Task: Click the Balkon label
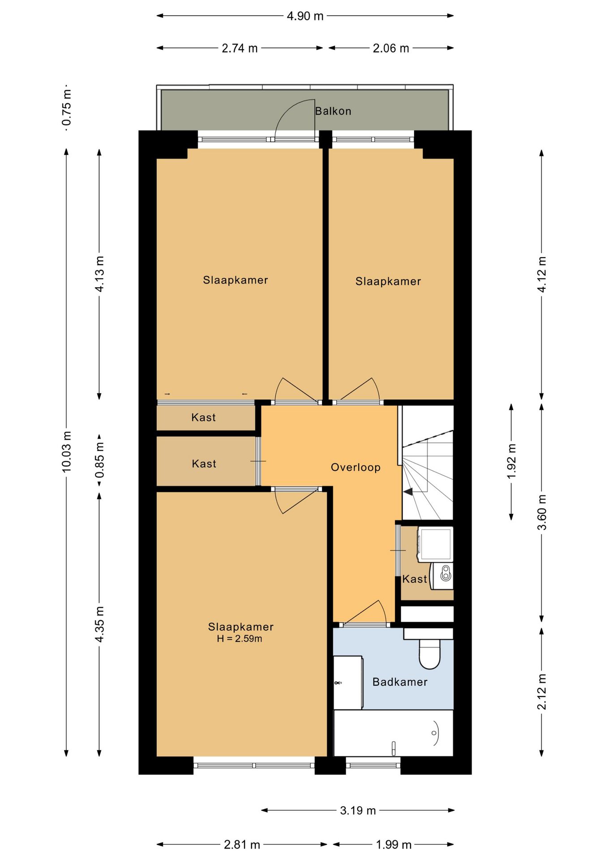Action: coord(333,111)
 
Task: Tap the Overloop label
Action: coord(355,467)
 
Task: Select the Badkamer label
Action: coord(400,682)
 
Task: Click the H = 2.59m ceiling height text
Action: coord(240,639)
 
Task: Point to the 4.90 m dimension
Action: coord(305,16)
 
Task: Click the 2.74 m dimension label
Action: coord(240,48)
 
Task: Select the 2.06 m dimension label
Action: coord(391,48)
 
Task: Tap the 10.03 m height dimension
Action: coord(67,451)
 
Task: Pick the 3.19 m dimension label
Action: coord(358,810)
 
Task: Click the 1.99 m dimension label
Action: coord(394,845)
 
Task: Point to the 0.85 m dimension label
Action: coord(99,460)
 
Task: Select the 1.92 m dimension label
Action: coord(511,461)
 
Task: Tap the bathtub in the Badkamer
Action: coord(394,733)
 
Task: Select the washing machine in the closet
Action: coord(435,544)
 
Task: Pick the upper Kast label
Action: coord(203,417)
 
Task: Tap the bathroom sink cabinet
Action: coord(348,683)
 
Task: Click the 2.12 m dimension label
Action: coord(542,692)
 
